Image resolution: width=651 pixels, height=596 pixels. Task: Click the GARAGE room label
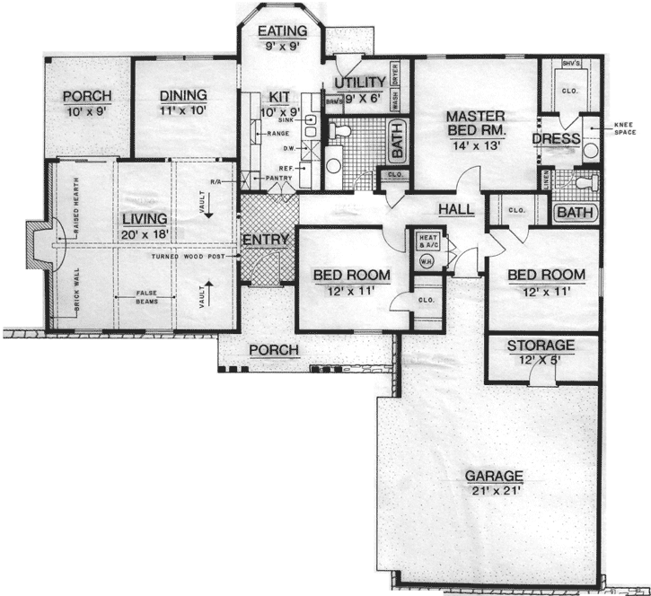click(x=493, y=475)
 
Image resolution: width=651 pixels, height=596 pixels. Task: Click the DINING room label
click(x=183, y=94)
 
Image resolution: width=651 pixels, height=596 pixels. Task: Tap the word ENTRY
click(x=265, y=240)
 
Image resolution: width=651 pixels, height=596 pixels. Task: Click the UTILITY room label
click(x=359, y=83)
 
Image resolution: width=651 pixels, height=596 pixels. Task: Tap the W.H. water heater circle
click(x=426, y=262)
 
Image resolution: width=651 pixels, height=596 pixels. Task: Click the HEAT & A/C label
click(x=427, y=241)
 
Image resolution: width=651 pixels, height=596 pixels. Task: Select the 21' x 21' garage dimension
click(x=493, y=491)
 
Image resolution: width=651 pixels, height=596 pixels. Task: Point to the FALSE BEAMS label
click(x=149, y=297)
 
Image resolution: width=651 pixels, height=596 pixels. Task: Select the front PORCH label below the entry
click(x=274, y=349)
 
